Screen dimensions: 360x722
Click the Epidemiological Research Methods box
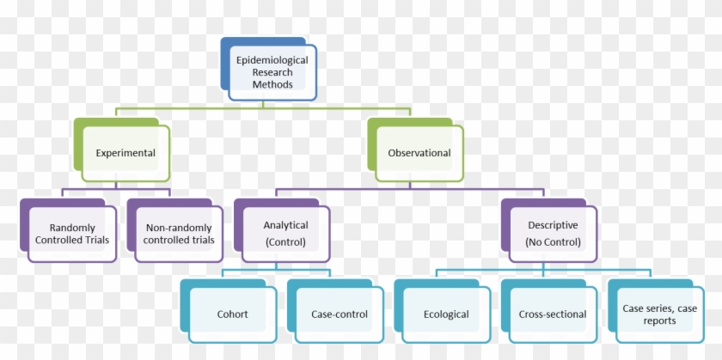pos(272,72)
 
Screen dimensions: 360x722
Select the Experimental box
pos(125,153)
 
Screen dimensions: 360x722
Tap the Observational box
pos(419,153)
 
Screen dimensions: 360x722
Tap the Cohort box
pos(232,314)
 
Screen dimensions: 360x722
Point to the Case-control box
pos(339,314)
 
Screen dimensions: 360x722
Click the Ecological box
pos(446,314)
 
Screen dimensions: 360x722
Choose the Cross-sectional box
pos(553,314)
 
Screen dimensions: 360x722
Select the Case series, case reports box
pos(660,314)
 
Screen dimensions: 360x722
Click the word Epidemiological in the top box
pos(272,60)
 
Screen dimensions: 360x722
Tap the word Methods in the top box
pos(272,85)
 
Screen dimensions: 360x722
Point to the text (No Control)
pos(553,241)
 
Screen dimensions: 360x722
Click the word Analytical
pos(285,225)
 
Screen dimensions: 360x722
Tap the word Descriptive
pos(553,225)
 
